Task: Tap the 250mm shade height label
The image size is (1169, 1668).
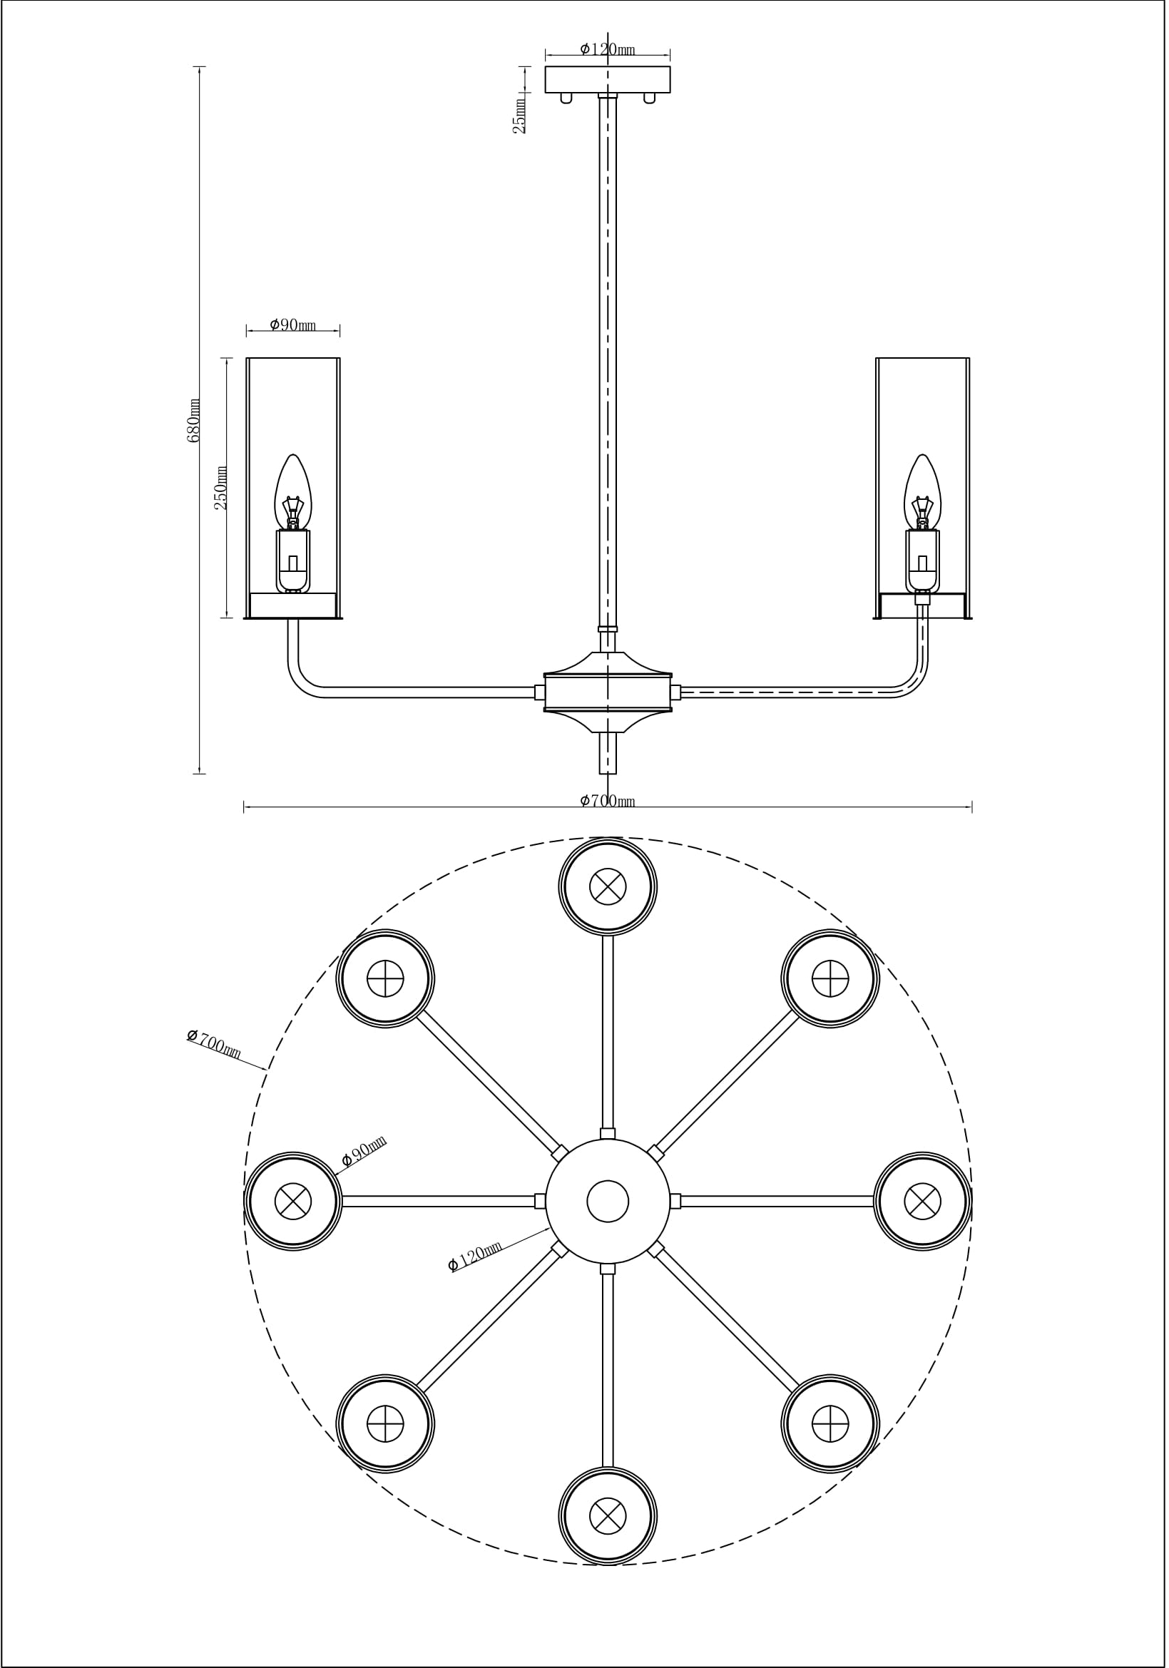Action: coord(221,488)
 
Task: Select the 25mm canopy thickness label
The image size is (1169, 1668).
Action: coord(520,116)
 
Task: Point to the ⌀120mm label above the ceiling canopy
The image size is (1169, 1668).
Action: coord(608,49)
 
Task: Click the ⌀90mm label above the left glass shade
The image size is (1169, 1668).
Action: coord(293,324)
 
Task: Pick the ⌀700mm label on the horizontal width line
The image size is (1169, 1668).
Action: coord(608,801)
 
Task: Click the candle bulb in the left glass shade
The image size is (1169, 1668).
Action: coord(293,493)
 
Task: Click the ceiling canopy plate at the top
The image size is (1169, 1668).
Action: coord(608,79)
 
